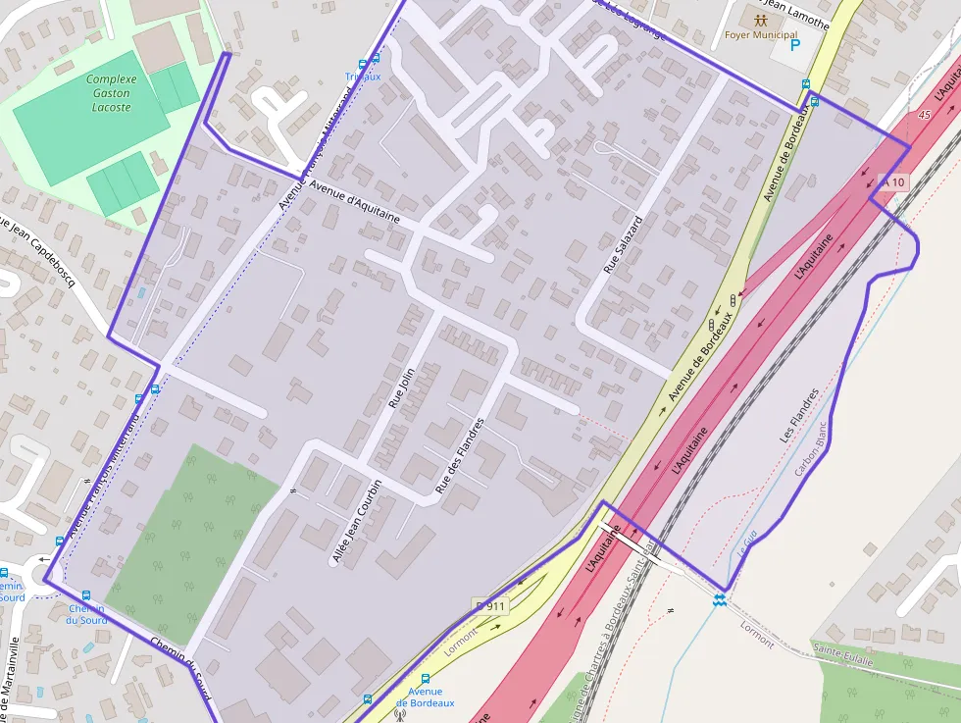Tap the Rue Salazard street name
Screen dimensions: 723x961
point(623,244)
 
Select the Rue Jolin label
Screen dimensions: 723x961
point(401,386)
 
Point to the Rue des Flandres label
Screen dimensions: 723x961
point(460,455)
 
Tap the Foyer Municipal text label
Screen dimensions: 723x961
point(760,35)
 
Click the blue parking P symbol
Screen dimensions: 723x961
point(795,44)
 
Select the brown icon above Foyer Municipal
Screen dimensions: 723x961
point(760,19)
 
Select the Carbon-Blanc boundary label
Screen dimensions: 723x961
point(812,449)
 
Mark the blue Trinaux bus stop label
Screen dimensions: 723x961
point(363,77)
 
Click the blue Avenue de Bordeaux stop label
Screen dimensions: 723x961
point(426,697)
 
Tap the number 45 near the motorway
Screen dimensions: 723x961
point(924,115)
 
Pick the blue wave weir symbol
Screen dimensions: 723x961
point(720,599)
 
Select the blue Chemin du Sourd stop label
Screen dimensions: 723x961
point(86,614)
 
